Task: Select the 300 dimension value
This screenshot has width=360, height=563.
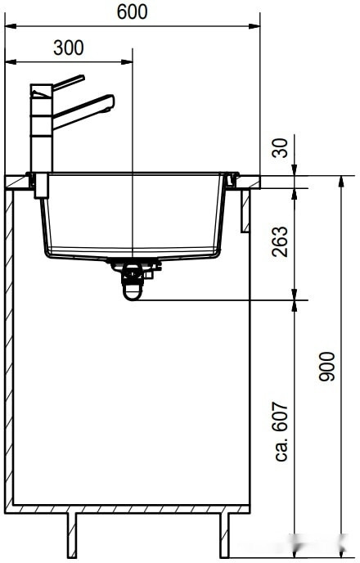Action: (68, 47)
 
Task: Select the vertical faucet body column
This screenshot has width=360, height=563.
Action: (40, 135)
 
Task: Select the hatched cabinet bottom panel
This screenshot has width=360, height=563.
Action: (131, 509)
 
